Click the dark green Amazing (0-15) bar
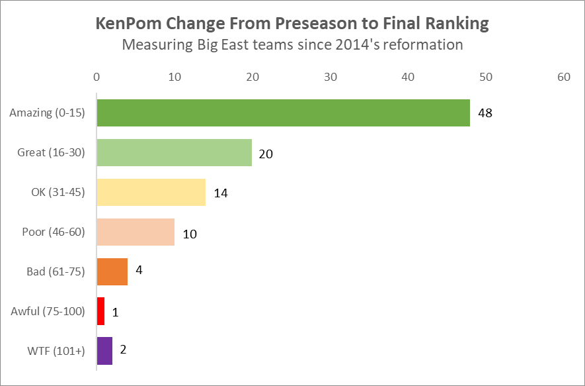tap(283, 113)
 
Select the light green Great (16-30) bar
tap(174, 152)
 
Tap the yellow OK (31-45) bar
tap(151, 192)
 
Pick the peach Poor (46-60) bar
tap(136, 232)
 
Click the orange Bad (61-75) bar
tap(112, 271)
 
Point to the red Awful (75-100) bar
tap(100, 311)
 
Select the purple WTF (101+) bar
tap(104, 351)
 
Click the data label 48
tap(485, 113)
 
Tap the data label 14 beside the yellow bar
tap(221, 193)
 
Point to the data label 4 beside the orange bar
tap(139, 270)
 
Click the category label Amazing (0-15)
tap(47, 113)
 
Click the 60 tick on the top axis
tap(563, 77)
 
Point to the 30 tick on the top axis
tap(330, 77)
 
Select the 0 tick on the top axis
tap(97, 77)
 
